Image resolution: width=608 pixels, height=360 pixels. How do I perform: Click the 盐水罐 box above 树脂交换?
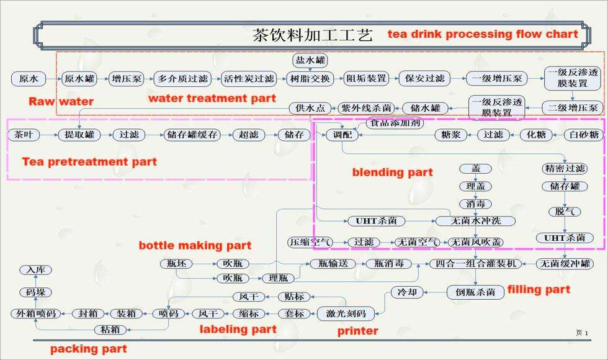(310, 60)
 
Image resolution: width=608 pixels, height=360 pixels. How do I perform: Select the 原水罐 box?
(79, 79)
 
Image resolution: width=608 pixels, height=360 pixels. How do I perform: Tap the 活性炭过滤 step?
(249, 79)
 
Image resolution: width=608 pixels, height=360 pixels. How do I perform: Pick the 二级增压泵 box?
(572, 108)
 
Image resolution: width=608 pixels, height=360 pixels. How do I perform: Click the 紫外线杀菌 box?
(366, 108)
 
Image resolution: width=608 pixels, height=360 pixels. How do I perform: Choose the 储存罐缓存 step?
(192, 134)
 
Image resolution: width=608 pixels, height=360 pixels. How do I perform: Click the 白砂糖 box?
(584, 134)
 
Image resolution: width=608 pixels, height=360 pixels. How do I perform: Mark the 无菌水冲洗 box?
(475, 221)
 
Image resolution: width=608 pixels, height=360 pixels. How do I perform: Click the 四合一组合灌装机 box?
(475, 263)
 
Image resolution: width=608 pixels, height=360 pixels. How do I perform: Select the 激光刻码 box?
(346, 313)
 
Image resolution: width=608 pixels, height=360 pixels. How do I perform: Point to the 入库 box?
(35, 270)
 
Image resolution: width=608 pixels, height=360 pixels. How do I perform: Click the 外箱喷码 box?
(36, 313)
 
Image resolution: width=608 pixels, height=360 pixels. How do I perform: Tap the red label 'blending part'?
(392, 172)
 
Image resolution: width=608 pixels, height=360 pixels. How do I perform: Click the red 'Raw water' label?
(61, 101)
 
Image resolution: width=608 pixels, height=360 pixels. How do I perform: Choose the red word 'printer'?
(357, 331)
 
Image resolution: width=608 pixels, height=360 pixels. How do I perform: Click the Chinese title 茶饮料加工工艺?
(312, 35)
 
